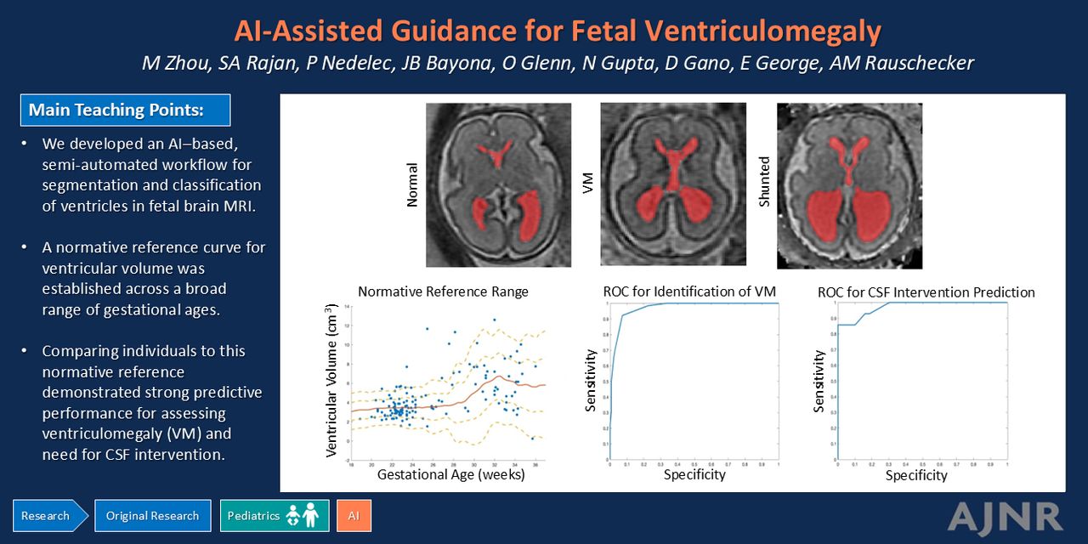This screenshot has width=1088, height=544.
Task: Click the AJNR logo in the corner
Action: tap(1005, 517)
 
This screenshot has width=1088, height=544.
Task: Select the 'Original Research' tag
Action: tap(152, 516)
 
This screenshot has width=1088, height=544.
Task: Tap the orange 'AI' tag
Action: tap(354, 516)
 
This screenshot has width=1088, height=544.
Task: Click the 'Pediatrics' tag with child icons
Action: tap(274, 516)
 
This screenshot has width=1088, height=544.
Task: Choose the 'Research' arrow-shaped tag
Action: tap(47, 516)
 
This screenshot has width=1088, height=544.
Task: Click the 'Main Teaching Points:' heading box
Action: tap(125, 110)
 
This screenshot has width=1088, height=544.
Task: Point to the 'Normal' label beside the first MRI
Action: tap(413, 184)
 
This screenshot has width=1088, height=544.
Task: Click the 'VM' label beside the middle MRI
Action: tap(588, 183)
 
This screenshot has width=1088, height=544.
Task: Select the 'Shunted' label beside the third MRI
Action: tap(763, 181)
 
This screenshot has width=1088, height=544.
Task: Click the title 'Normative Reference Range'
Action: tap(443, 292)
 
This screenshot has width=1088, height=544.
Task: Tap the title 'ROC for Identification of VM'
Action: tap(689, 292)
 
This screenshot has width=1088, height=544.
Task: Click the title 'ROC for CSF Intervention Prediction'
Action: tap(926, 292)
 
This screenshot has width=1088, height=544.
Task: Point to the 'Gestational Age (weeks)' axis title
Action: tap(450, 474)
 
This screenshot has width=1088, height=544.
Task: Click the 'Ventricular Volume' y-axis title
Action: tap(332, 381)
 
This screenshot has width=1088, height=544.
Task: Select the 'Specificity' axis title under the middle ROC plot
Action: tap(694, 474)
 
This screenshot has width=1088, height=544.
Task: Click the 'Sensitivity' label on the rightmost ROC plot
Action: tap(819, 382)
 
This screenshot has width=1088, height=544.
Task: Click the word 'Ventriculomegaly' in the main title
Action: tap(762, 31)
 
